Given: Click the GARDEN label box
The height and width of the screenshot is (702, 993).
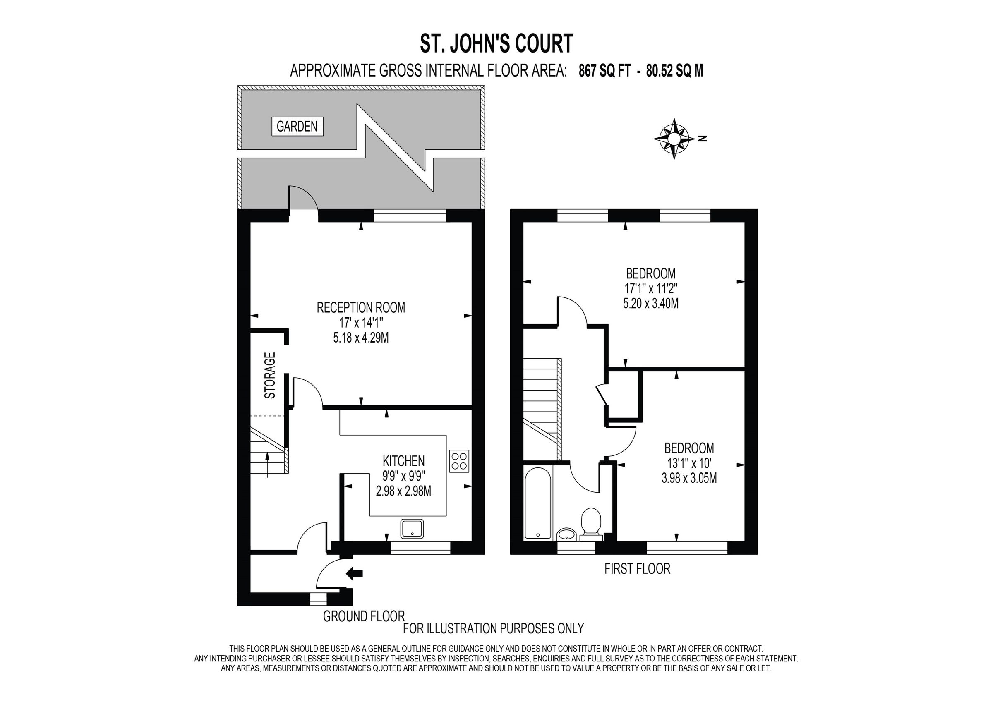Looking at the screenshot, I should click(297, 126).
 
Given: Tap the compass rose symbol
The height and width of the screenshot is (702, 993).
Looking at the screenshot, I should click(674, 139).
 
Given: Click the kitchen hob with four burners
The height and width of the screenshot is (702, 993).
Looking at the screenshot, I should click(459, 461).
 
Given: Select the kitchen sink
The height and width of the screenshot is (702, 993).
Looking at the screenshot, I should click(412, 529).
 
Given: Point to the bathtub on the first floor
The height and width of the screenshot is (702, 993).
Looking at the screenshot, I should click(537, 503).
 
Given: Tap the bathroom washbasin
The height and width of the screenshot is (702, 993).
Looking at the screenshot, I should click(566, 534).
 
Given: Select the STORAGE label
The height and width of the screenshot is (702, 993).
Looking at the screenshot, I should click(270, 376).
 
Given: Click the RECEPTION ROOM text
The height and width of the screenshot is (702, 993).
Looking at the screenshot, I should click(361, 307).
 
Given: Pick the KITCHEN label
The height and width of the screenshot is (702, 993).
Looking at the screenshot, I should click(403, 460).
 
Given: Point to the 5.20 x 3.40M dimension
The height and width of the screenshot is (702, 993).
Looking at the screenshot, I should click(650, 304).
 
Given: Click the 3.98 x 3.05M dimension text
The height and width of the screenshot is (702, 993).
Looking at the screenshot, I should click(689, 478).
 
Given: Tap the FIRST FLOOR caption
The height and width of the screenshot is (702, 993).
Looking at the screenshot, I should click(637, 569).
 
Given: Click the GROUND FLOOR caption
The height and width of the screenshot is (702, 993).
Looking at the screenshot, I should click(363, 616).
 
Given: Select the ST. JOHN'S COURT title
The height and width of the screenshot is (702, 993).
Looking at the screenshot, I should click(496, 44).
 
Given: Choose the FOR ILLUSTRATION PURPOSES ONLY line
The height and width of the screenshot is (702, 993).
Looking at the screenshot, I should click(493, 628).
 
